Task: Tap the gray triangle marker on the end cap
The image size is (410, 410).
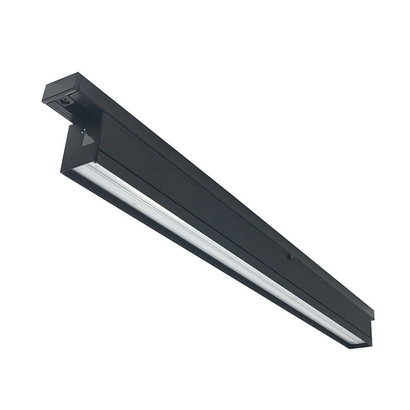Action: (x=88, y=139)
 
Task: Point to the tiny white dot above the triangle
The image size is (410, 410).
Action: (x=84, y=130)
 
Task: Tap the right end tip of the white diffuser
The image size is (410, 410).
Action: (x=362, y=341)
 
